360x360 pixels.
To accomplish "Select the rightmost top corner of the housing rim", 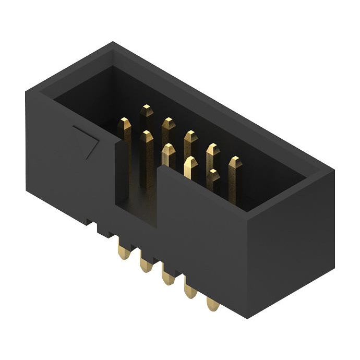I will tap(333, 172).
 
